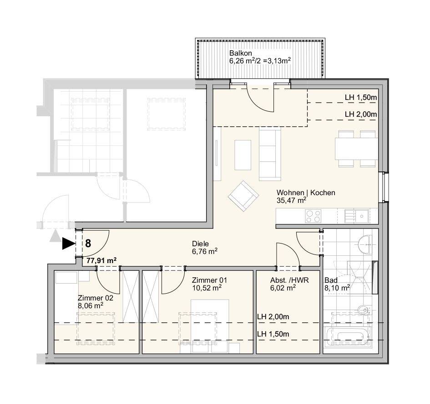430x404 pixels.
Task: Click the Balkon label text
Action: [x=241, y=53]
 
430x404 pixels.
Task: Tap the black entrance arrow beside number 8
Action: [x=69, y=243]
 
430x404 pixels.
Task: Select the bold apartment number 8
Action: [x=88, y=243]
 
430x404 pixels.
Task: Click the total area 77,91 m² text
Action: [x=101, y=260]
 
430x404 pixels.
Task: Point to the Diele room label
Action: [x=200, y=244]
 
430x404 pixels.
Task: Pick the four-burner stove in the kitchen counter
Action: [x=313, y=216]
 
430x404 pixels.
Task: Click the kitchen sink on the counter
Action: [x=357, y=216]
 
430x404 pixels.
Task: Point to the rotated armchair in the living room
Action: [x=243, y=196]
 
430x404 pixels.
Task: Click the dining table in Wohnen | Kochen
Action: [x=356, y=149]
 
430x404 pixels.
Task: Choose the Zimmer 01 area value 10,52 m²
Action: [x=207, y=288]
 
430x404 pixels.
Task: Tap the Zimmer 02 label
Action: [x=96, y=298]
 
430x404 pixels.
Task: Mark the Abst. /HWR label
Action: [x=289, y=280]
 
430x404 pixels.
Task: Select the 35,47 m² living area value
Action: [x=291, y=200]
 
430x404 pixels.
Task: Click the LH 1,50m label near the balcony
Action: [x=361, y=97]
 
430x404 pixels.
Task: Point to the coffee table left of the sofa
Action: [x=243, y=155]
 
